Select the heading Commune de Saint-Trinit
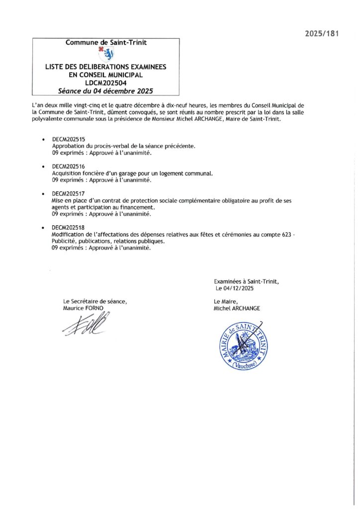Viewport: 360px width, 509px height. tap(106, 43)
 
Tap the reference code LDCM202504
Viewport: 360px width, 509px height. tap(106, 83)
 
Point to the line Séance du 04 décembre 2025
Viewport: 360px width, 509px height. tap(106, 91)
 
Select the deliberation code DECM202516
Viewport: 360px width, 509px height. tap(69, 167)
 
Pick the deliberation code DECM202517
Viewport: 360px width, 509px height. tap(69, 193)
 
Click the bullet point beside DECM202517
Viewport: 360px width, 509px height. tap(44, 193)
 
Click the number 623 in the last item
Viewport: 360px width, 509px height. tap(284, 234)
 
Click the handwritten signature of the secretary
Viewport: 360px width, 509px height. tap(87, 326)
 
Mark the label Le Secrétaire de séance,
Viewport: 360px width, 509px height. tap(95, 301)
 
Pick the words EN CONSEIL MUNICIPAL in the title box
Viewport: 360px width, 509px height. tap(106, 75)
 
